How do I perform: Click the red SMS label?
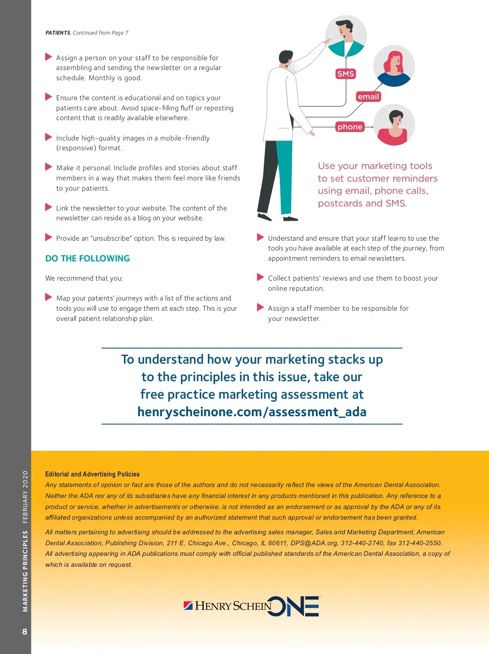pos(346,74)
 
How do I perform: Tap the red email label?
pos(368,97)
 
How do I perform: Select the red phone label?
pos(350,127)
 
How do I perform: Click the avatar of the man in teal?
pos(346,36)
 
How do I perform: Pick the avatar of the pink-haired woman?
pos(394,66)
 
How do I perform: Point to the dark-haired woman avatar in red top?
pos(394,125)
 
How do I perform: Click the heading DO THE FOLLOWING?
pos(87,259)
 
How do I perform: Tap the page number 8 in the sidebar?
pos(24,632)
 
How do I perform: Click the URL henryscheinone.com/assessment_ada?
pos(252,412)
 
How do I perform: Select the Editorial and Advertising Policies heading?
pos(92,474)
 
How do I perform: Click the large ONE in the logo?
pos(294,606)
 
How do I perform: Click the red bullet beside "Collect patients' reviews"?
pos(260,277)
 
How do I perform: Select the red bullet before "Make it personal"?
pos(48,167)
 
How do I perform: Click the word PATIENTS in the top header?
pos(58,33)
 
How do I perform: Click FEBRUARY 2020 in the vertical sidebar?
pos(25,497)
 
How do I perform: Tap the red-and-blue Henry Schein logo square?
pos(188,606)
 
